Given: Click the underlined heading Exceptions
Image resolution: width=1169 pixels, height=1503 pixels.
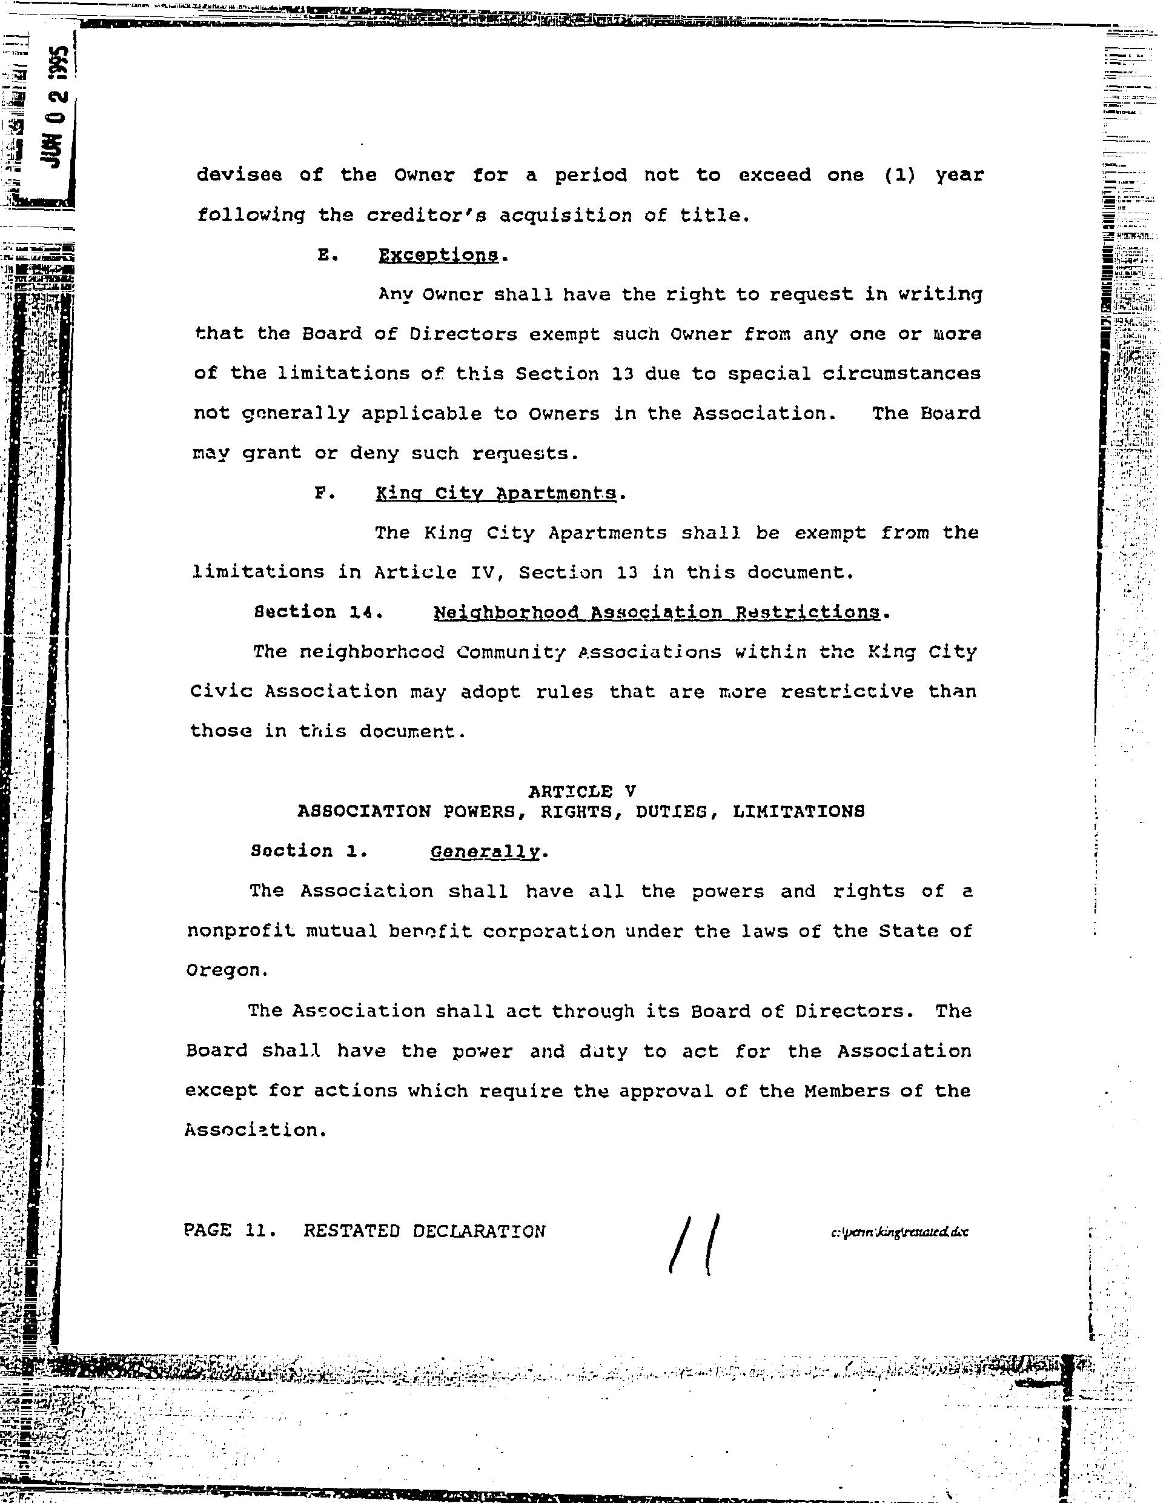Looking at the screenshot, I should [x=439, y=255].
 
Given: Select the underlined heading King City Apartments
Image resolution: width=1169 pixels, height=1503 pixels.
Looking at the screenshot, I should [x=495, y=494].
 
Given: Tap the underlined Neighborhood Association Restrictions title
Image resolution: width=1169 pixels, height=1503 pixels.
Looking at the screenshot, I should [x=657, y=612].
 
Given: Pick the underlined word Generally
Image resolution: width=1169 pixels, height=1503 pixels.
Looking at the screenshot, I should [x=485, y=851].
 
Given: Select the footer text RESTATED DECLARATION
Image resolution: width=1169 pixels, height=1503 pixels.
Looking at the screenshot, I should [x=425, y=1230].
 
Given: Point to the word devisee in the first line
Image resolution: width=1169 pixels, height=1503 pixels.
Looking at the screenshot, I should [x=239, y=175].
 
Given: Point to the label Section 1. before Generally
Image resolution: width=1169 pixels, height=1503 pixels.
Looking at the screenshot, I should [x=309, y=851].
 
